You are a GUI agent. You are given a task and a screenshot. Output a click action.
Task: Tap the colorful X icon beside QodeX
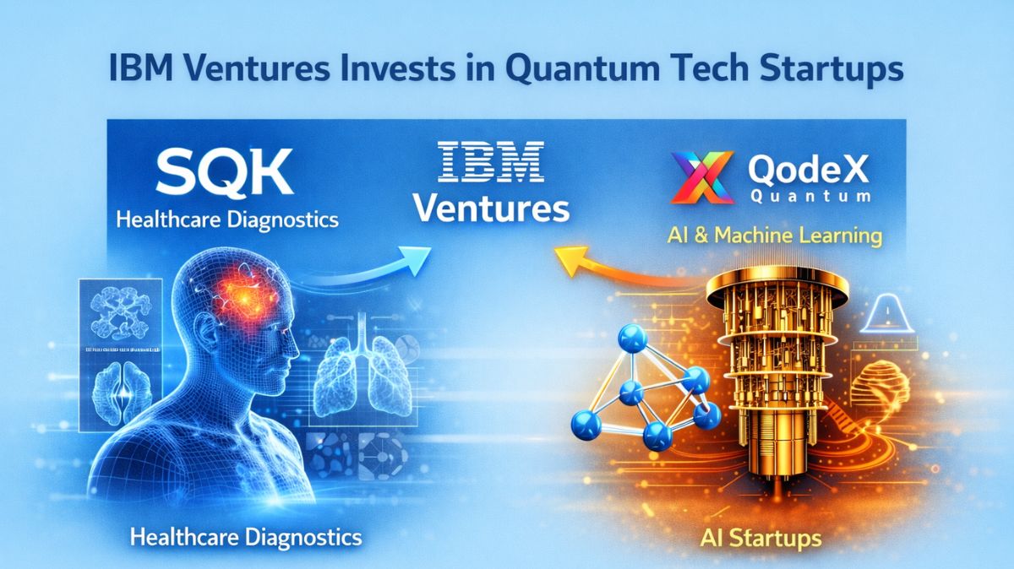tap(700, 176)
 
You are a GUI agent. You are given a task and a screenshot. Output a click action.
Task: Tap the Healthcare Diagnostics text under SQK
tap(226, 221)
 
